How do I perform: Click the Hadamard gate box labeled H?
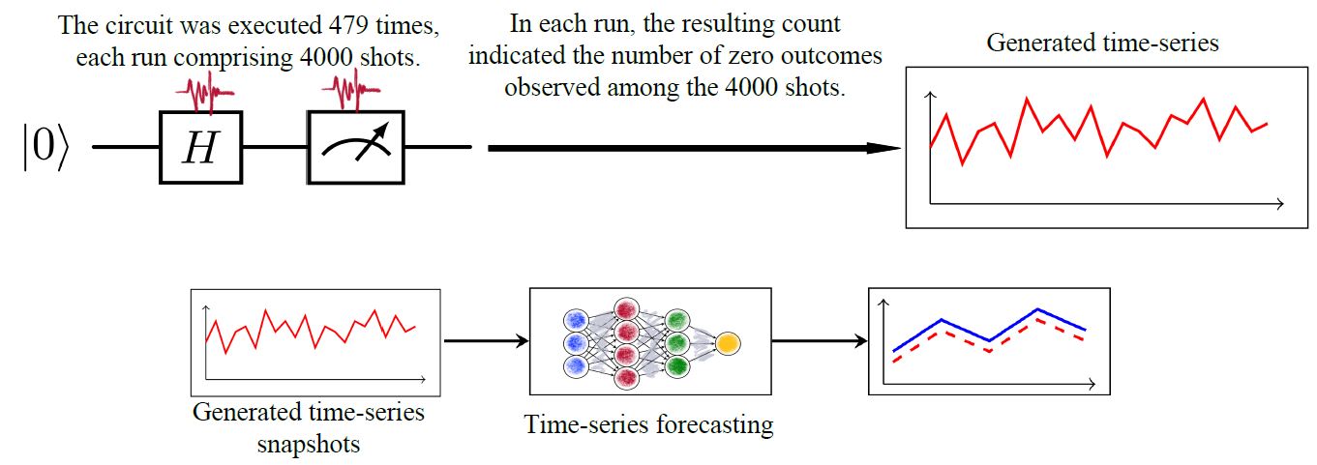(200, 148)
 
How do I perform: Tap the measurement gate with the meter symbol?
(355, 148)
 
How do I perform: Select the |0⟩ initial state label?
(45, 149)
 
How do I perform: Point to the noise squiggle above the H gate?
(204, 96)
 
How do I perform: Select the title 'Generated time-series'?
(1102, 44)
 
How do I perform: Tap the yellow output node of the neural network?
(728, 342)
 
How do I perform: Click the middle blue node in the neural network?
(576, 343)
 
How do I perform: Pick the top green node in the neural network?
(676, 320)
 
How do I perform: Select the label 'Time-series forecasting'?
(648, 424)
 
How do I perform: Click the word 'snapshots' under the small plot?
(308, 444)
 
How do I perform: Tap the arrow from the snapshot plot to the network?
(485, 340)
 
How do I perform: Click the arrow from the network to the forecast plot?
(819, 340)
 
